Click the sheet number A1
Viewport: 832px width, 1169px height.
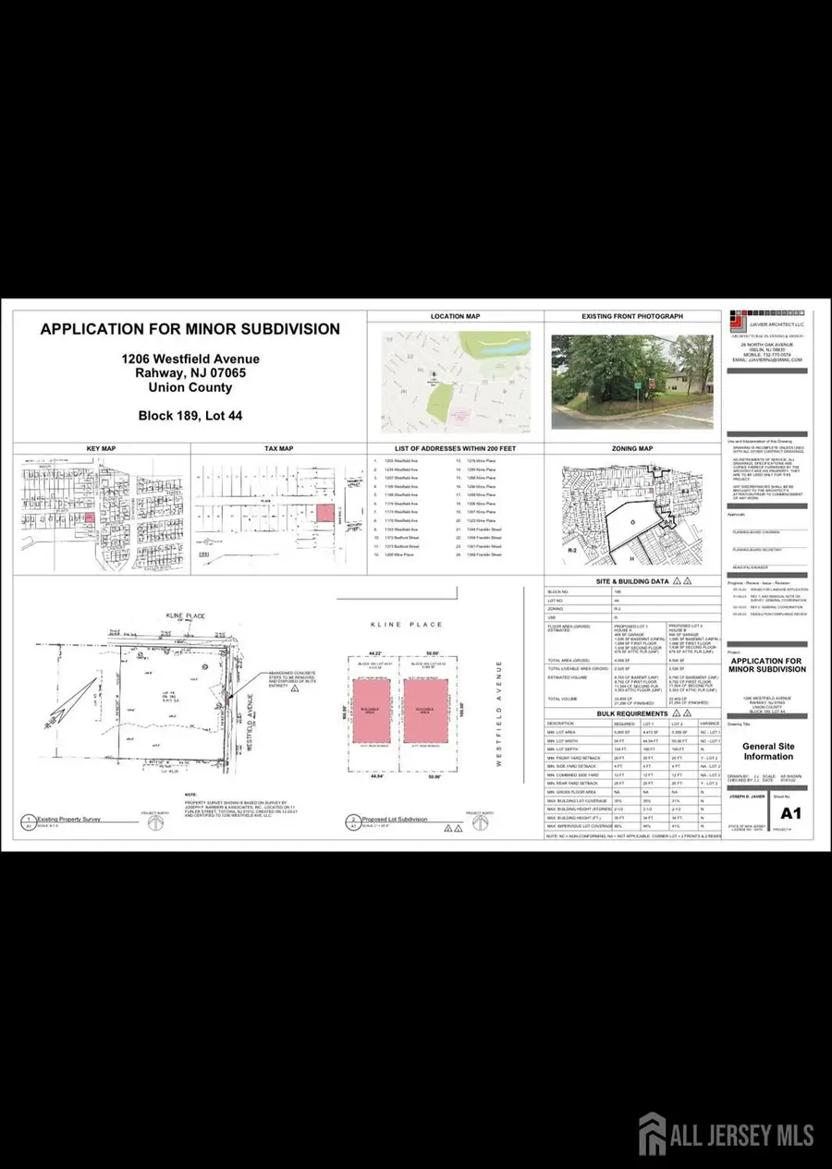[789, 813]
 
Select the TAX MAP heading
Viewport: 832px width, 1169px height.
[278, 448]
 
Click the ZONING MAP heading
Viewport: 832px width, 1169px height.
[632, 448]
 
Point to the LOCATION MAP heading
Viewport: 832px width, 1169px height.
[456, 316]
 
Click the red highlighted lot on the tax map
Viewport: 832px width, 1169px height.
[323, 513]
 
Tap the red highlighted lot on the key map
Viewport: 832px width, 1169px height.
[90, 519]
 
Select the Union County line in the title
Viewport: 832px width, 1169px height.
[190, 392]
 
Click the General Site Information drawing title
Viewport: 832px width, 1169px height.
[768, 751]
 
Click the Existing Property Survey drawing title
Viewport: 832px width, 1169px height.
[67, 819]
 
